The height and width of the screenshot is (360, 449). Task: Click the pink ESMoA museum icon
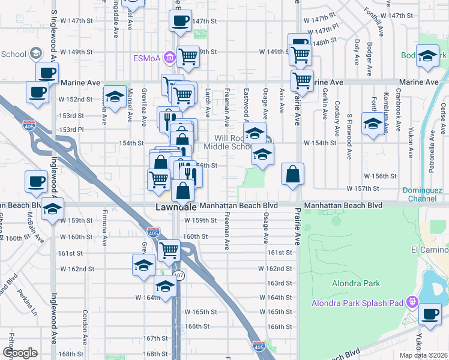click(x=170, y=58)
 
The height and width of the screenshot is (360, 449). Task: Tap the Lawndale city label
click(x=176, y=206)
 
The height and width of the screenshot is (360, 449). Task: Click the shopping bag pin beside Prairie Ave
click(x=292, y=175)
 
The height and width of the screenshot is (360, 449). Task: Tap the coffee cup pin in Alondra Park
click(x=430, y=313)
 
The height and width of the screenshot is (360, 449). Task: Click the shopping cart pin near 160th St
click(x=169, y=250)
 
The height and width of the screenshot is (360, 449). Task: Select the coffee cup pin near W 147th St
click(x=180, y=22)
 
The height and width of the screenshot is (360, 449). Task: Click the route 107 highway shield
click(x=178, y=275)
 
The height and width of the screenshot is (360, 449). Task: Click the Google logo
click(x=20, y=353)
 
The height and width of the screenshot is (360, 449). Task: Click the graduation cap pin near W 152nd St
click(x=114, y=96)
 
